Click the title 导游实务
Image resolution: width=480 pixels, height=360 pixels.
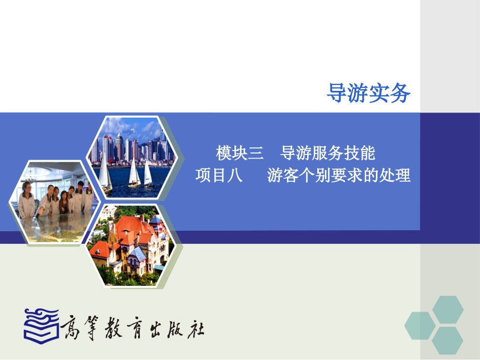tap(368, 93)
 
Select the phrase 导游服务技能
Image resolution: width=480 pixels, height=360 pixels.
tap(328, 152)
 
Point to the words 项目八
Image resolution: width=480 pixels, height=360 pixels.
tap(219, 176)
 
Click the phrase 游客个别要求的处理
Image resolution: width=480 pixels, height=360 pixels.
tap(339, 176)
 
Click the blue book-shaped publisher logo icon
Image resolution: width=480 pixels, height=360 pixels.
tap(41, 323)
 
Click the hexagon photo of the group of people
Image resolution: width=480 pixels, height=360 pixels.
tap(52, 201)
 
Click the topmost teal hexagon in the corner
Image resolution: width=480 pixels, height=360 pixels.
tap(448, 310)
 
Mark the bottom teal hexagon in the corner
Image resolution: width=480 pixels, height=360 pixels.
tap(448, 341)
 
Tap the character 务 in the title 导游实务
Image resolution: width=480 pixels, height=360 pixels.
tap(400, 93)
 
